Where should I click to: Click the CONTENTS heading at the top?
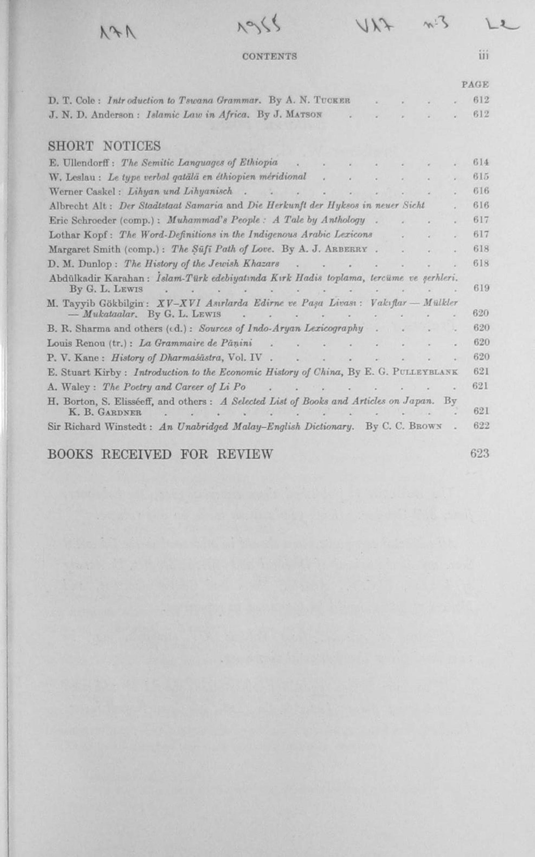tap(269, 56)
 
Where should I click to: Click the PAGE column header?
tap(475, 85)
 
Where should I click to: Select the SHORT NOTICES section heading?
tap(104, 146)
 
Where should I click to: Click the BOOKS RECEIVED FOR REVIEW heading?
tap(160, 454)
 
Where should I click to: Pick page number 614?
tap(481, 162)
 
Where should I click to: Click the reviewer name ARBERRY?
tap(351, 249)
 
